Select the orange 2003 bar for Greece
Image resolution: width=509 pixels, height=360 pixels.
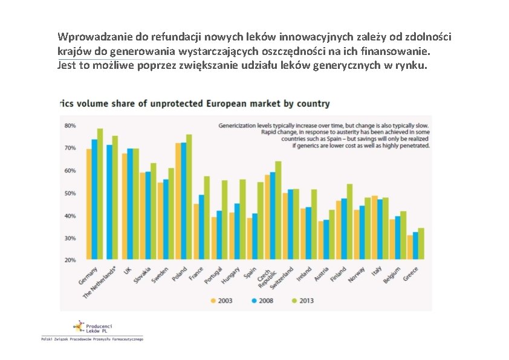(409, 247)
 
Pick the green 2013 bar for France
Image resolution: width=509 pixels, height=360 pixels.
(207, 217)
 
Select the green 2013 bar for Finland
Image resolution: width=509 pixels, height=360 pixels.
(349, 221)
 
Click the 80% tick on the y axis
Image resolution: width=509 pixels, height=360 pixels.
(70, 126)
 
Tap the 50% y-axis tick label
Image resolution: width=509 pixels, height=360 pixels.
(70, 193)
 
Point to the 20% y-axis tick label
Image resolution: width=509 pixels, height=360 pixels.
(70, 260)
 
